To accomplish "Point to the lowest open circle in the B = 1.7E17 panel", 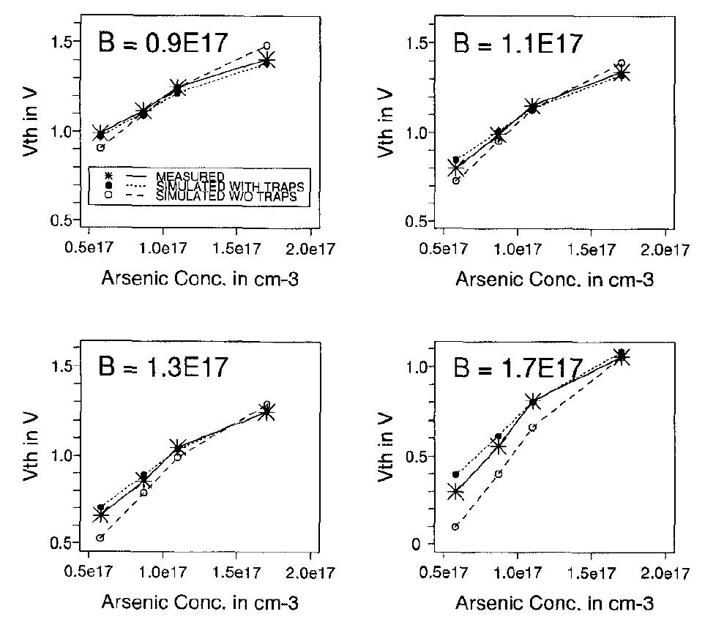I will pyautogui.click(x=455, y=526).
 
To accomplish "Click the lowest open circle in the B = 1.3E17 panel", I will pyautogui.click(x=100, y=537).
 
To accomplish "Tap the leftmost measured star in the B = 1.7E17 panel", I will pyautogui.click(x=455, y=492).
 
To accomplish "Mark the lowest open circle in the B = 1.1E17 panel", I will pyautogui.click(x=455, y=180).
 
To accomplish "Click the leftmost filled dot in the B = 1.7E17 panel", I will pyautogui.click(x=455, y=474).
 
